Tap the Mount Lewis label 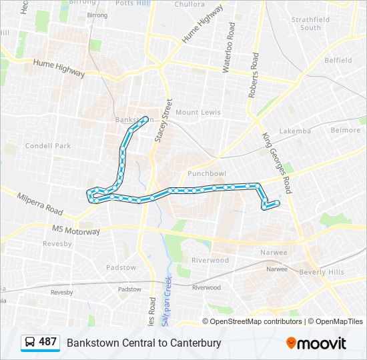198,113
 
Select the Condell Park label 47,146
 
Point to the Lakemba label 295,131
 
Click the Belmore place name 346,130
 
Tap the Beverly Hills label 322,273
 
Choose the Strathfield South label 310,23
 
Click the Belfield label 338,60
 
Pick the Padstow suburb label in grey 121,268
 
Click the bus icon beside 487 30,343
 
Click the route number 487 47,343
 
